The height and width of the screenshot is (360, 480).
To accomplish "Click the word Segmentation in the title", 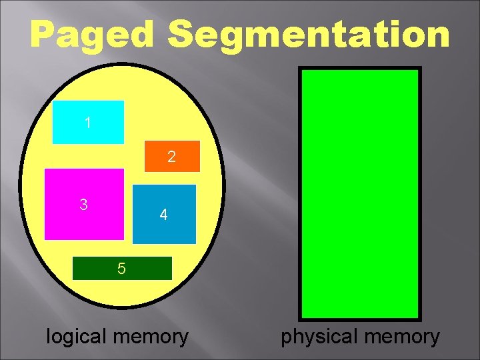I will point(309,35).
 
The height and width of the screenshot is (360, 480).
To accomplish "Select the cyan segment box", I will point(88,122).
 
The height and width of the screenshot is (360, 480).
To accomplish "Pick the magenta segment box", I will point(84,204).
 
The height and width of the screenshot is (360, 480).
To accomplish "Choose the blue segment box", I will point(164,214).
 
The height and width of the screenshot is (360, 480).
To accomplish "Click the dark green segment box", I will point(121,269).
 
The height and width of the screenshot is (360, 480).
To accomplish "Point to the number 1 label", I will point(88,123).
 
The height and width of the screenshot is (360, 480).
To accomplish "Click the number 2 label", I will point(172,158).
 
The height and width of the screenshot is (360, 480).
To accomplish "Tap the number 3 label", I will point(83,205).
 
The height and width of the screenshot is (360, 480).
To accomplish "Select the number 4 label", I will point(163,215).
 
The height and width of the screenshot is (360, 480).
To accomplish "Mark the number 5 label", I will point(121,269).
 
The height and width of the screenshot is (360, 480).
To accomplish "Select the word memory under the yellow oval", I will point(151,336).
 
